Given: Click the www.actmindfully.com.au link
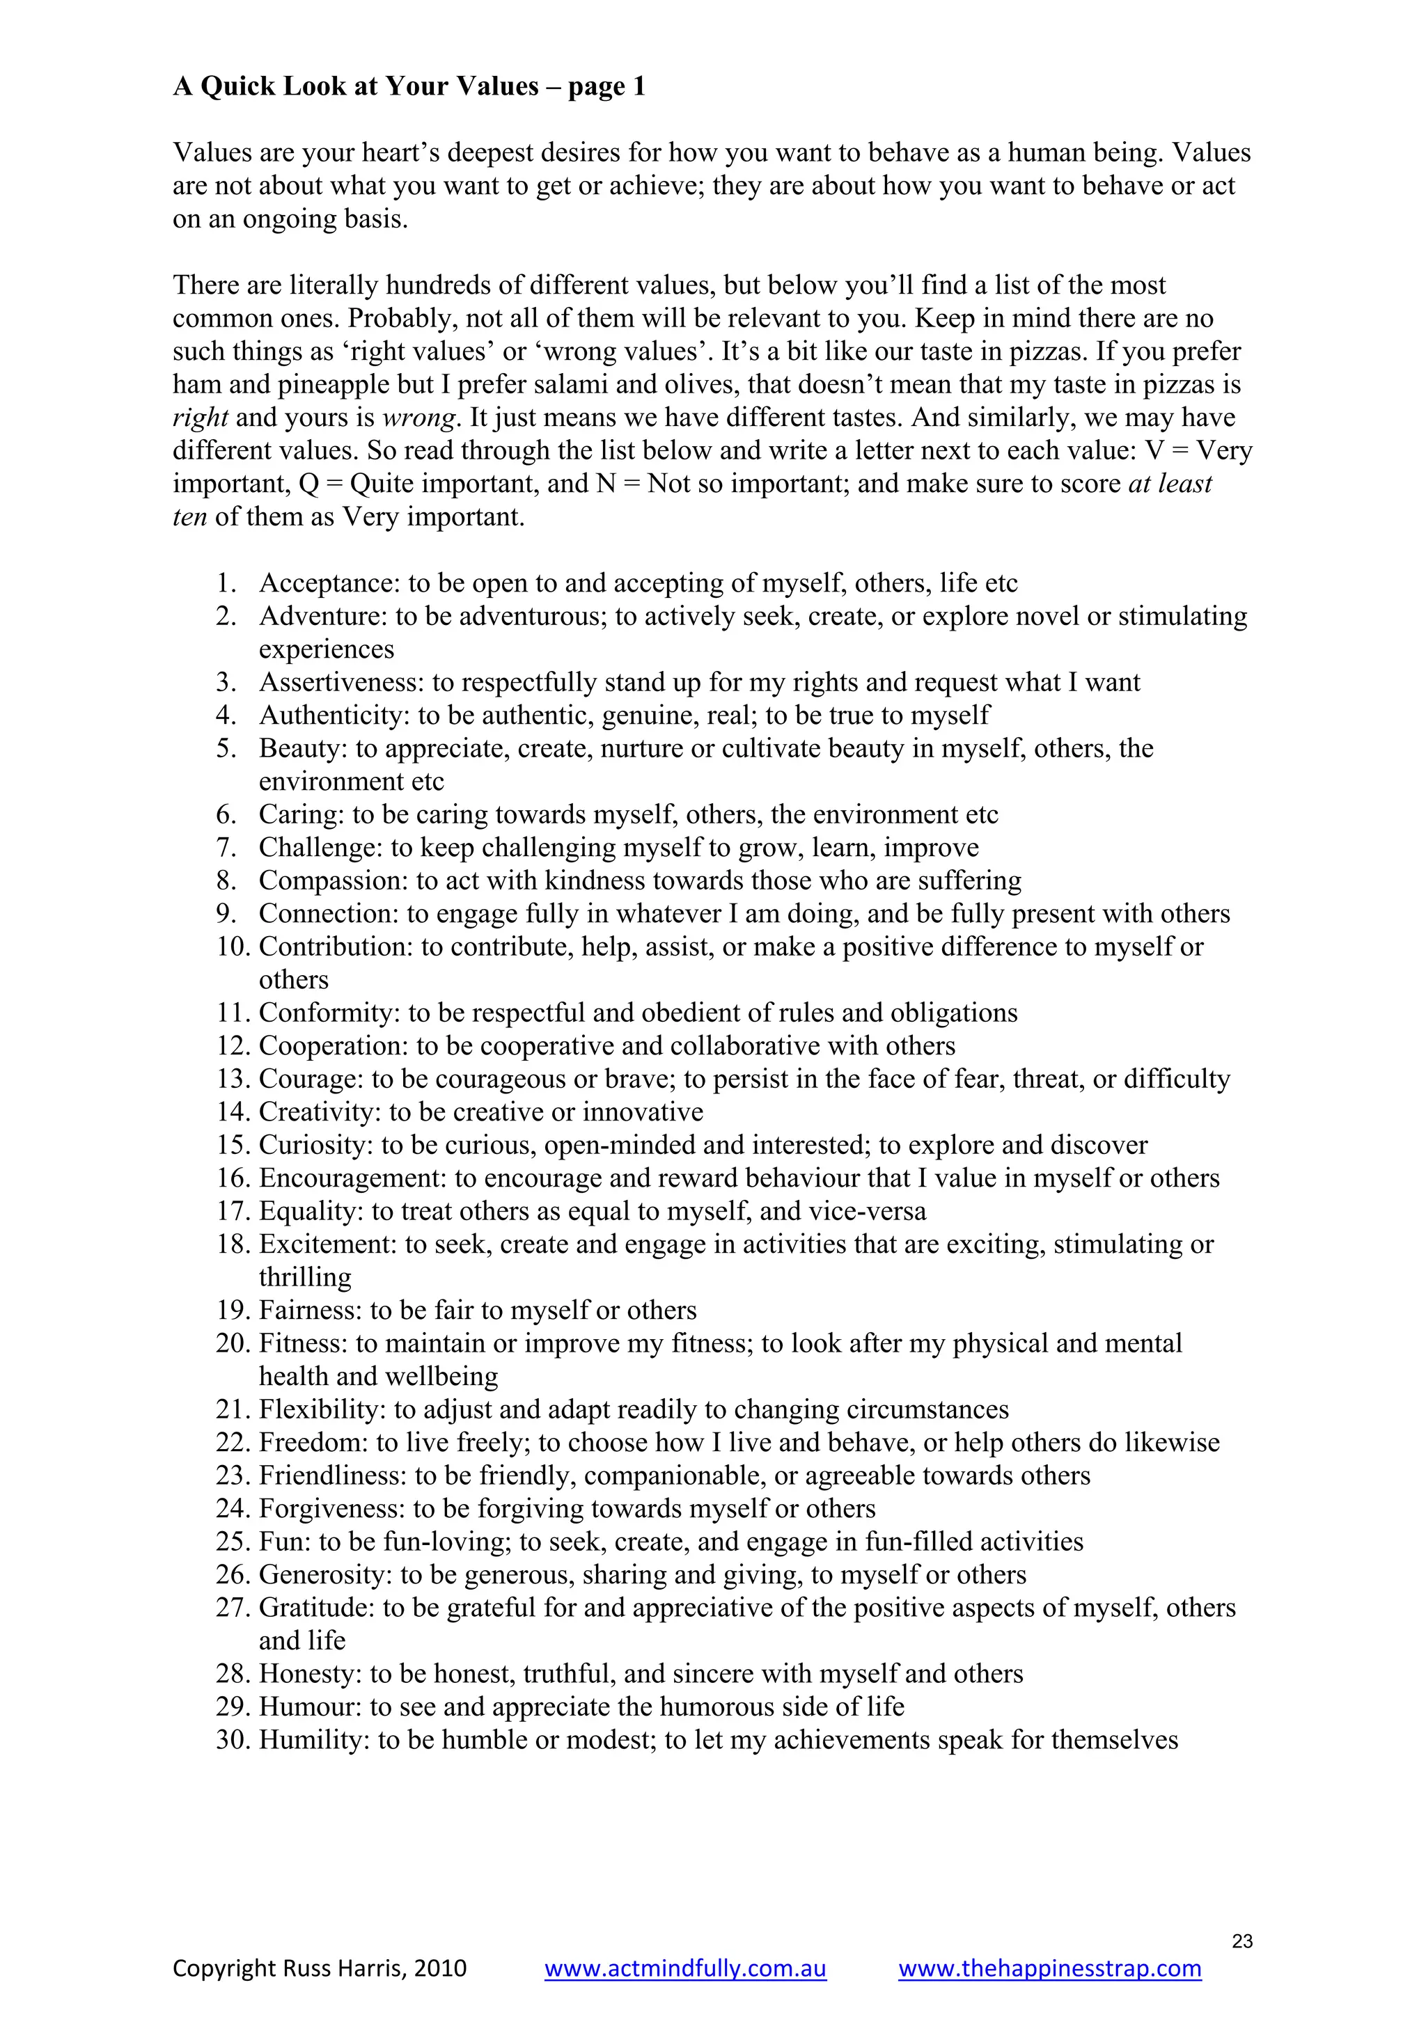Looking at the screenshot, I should [x=684, y=1968].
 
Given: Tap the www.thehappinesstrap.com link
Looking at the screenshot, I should [x=1049, y=1968].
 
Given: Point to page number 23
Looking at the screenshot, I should [x=1241, y=1940].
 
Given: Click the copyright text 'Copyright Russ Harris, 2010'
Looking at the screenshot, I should [x=319, y=1968].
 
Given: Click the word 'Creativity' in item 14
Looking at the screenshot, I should [x=319, y=1112].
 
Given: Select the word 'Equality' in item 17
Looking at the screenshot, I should [x=309, y=1212].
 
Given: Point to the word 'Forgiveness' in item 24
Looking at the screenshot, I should [x=330, y=1508].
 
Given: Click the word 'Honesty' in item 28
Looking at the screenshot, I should [x=309, y=1673].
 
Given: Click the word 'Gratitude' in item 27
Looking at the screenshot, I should [x=315, y=1608].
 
